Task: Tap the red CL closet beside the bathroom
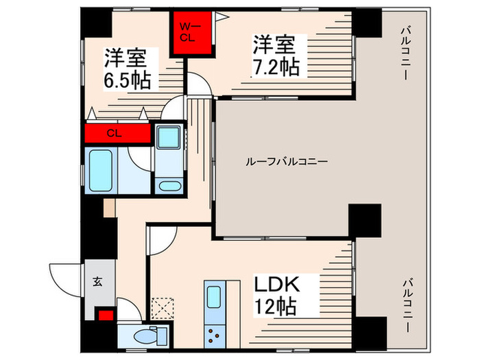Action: click(117, 134)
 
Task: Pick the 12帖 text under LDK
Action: click(276, 306)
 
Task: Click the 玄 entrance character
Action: click(97, 280)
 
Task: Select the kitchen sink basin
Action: click(214, 299)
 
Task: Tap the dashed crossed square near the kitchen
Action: click(162, 305)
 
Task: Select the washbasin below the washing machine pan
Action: click(167, 184)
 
